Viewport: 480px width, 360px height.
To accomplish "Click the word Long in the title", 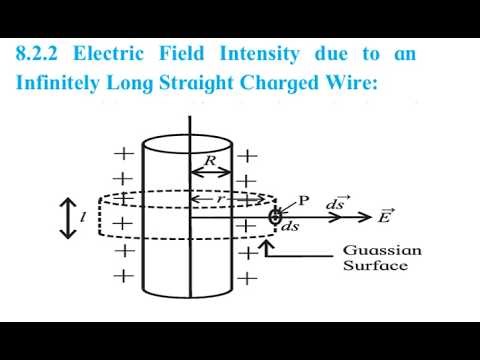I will (133, 83).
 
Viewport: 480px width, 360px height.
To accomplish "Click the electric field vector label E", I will (386, 215).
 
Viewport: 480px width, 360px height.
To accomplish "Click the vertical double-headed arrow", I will (68, 218).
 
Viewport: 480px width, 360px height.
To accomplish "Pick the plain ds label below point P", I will (290, 227).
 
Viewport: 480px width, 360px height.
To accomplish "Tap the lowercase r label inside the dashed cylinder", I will (228, 200).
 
